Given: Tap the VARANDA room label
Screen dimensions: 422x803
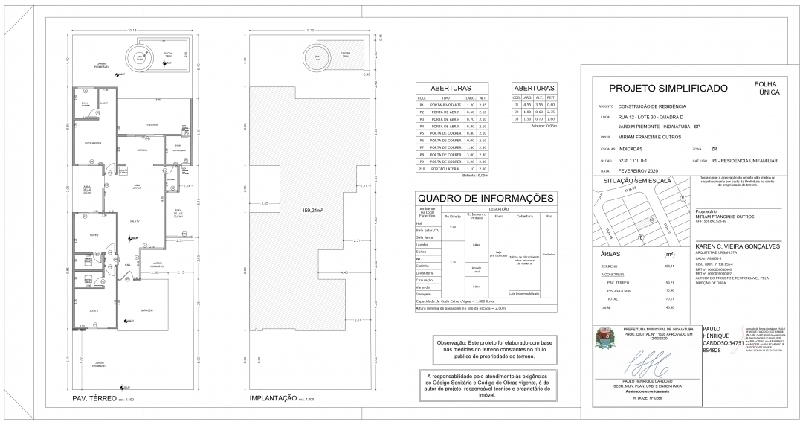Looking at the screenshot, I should tap(152, 125).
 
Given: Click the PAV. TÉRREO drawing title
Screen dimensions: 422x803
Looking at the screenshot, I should tap(93, 400).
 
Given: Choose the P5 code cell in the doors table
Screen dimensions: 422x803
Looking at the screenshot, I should tap(421, 133).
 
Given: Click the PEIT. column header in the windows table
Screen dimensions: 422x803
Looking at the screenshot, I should tap(550, 97).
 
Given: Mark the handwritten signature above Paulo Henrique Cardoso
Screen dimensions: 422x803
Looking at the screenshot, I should tap(645, 369).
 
